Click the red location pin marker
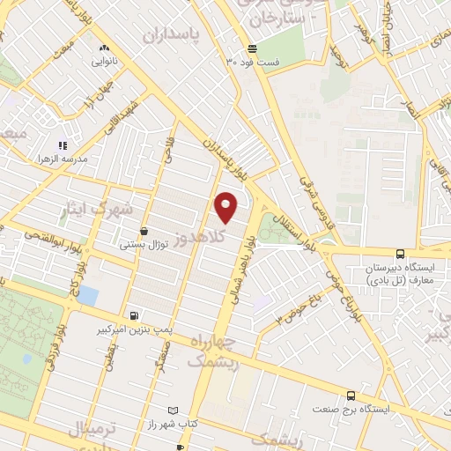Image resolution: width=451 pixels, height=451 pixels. point(227,207)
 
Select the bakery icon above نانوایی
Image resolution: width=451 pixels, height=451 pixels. point(104,48)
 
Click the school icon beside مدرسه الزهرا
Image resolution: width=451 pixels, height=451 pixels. point(62,145)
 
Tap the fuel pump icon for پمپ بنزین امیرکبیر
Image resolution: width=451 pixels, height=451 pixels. point(132,315)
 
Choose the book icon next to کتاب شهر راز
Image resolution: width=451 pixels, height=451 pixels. point(173,411)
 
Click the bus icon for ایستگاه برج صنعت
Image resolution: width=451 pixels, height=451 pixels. point(351,396)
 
